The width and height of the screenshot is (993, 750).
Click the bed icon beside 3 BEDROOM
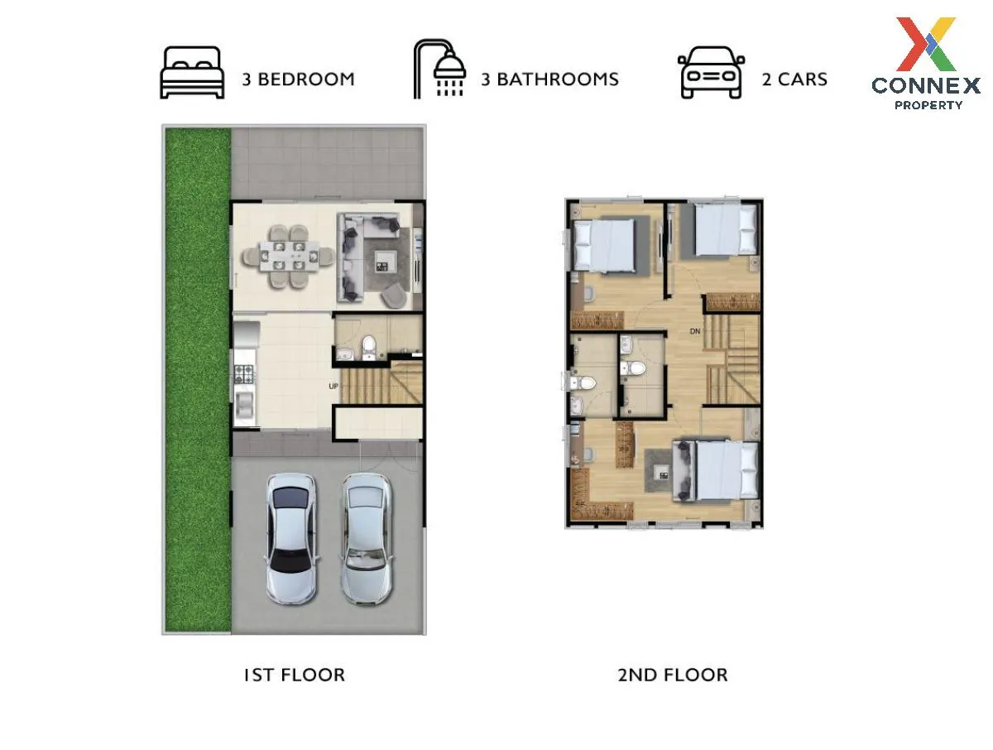192,72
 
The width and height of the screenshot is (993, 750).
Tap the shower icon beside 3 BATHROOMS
439,69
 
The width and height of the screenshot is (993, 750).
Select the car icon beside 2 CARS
710,72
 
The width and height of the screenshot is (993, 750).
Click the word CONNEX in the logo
926,85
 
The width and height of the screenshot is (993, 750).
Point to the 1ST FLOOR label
294,675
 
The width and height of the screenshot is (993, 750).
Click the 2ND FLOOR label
673,675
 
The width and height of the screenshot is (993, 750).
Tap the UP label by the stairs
333,386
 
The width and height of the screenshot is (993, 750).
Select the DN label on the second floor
695,331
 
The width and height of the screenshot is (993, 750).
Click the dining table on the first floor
289,256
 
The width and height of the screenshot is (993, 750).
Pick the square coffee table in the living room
386,262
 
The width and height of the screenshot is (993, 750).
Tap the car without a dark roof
366,538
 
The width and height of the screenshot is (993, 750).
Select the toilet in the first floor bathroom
369,348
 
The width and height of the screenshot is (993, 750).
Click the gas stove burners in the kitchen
243,373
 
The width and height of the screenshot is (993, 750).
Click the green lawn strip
198,379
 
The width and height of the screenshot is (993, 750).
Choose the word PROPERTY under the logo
928,105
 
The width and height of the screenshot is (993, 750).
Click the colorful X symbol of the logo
926,44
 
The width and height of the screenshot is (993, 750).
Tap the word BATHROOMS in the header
558,79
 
